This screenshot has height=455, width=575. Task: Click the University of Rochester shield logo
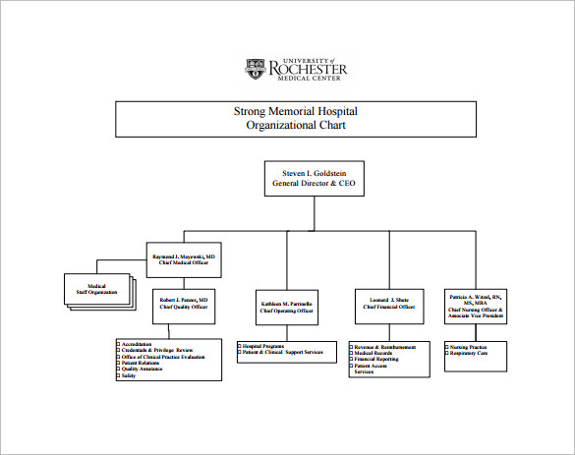coord(255,70)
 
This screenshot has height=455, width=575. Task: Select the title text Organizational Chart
coord(296,127)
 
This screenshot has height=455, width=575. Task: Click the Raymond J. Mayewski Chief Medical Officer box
coord(184,258)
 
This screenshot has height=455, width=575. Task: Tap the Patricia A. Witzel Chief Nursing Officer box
coord(476,306)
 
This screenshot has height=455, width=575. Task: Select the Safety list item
coord(129,375)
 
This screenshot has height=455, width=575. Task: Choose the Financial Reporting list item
coord(378,360)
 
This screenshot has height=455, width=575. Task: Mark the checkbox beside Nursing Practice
coord(447,346)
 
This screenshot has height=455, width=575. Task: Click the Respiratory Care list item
coord(470,353)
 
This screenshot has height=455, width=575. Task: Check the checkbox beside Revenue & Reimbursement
coord(351,346)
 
